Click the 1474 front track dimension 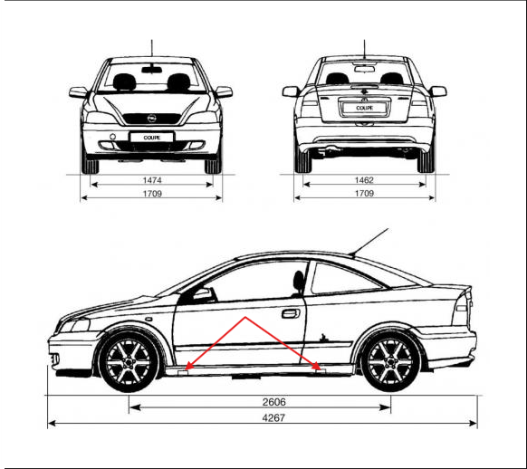tap(152, 180)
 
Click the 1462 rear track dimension tap(364, 180)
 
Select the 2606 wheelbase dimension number tap(274, 402)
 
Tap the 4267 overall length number tap(273, 418)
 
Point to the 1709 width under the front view tap(152, 194)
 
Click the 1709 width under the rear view tap(364, 193)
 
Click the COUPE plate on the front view tap(152, 138)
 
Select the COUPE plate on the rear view tap(364, 108)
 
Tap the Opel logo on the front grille tap(151, 119)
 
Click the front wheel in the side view tap(129, 362)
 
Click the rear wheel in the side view tap(390, 362)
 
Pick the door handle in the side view tap(291, 314)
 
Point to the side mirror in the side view tap(204, 294)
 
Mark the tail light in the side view tap(463, 309)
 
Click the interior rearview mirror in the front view tap(151, 70)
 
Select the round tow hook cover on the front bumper tap(112, 137)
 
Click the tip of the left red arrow tap(186, 369)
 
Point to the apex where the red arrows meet tap(245, 317)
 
